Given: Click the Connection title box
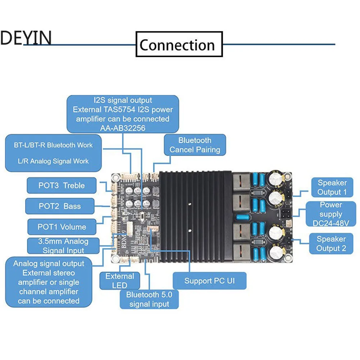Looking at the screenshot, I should [179, 44].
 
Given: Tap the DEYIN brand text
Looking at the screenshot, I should [26, 37].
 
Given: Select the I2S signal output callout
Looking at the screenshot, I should [123, 114].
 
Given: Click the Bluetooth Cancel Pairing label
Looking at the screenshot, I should [195, 145].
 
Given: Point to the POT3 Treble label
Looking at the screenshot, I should [61, 186].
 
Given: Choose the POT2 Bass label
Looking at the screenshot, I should [59, 206].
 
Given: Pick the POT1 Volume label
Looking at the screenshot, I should [61, 227].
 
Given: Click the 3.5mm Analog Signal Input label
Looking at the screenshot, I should [63, 246].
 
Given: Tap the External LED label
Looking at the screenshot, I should [119, 281].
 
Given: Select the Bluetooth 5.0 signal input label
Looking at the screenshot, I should [149, 299].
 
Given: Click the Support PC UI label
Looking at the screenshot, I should [209, 281].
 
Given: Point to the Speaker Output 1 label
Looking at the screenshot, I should [332, 187].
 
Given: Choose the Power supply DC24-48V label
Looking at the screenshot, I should [331, 214].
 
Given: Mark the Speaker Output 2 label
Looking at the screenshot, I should [331, 243].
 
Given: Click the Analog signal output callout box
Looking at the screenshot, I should [49, 282].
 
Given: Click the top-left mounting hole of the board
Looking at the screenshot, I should [115, 177].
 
